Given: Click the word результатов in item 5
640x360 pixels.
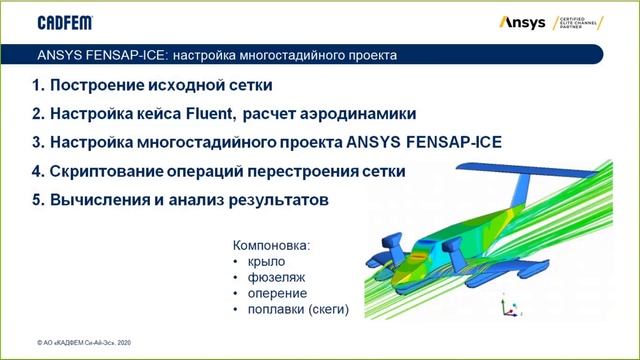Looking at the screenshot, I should [x=276, y=201].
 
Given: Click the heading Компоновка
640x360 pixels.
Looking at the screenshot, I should [x=272, y=244].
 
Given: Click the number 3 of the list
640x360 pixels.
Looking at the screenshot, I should [x=37, y=142].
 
